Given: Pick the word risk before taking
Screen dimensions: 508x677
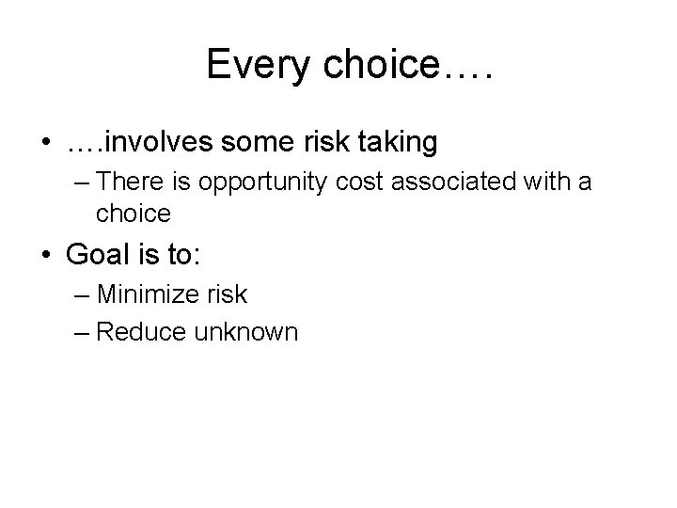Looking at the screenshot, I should coord(325,142).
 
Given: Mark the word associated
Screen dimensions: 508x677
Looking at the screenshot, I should coord(445,183).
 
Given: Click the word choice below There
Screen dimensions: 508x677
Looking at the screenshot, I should coord(133,214).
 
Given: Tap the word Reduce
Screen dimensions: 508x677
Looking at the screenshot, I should coord(142,331).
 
